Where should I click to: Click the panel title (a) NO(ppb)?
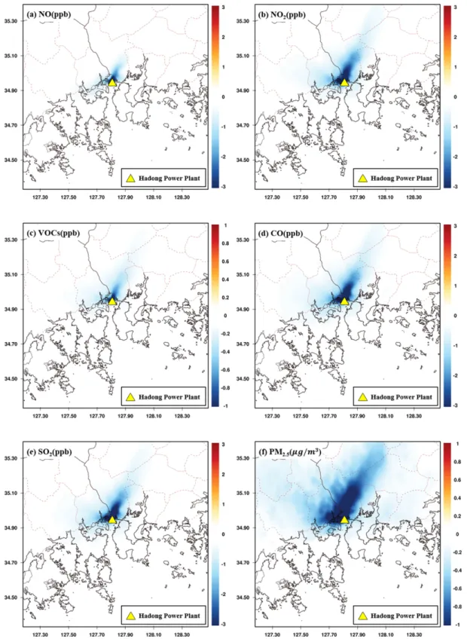tap(49, 14)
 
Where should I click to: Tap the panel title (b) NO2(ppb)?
tap(282, 15)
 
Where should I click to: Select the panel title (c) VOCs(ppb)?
tap(53, 233)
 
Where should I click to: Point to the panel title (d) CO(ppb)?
tap(280, 233)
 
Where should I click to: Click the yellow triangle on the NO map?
tap(112, 82)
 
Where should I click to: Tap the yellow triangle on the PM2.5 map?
tap(344, 520)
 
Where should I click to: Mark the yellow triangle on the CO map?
tap(344, 301)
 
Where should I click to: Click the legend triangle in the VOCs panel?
tap(130, 397)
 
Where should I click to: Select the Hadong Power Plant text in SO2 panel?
tap(169, 616)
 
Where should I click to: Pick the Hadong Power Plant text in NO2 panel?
tap(401, 178)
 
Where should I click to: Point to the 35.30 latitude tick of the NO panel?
tap(11, 21)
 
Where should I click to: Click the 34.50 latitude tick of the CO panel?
tap(243, 378)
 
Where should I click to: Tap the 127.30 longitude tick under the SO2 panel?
tap(41, 634)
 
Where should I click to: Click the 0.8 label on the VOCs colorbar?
tap(225, 243)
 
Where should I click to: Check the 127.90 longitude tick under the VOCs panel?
tap(126, 416)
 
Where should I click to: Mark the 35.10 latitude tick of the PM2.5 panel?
tap(243, 493)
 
